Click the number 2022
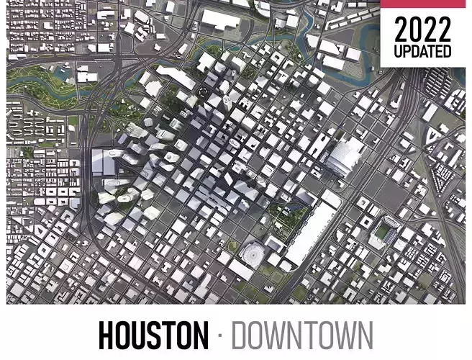point(423,30)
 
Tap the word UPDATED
point(423,52)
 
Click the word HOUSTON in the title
point(151,336)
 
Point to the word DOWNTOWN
point(302,336)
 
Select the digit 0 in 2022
point(412,30)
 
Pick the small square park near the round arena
point(232,246)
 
